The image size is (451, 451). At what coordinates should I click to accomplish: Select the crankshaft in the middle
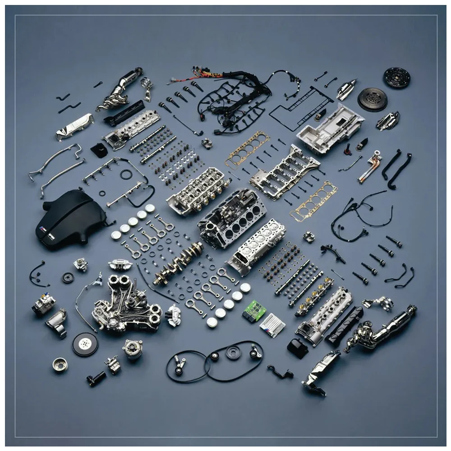tap(178, 263)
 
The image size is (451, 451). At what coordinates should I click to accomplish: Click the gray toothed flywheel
tap(372, 99)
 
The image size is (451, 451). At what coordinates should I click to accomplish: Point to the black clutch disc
tap(397, 78)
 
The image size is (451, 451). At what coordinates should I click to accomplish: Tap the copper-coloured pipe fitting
tap(370, 167)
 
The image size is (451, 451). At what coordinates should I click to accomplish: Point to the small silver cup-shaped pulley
tap(60, 364)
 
